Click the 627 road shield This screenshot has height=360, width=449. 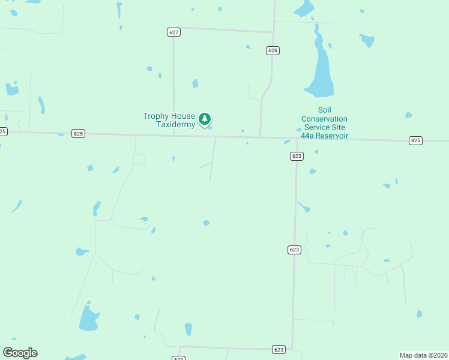(x=173, y=32)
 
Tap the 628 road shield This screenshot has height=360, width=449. (x=273, y=50)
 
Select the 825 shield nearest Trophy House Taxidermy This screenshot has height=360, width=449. (x=78, y=133)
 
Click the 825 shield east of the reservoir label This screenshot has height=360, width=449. (x=415, y=140)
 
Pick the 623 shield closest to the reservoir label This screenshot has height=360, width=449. (x=297, y=156)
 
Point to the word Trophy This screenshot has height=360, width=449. (x=155, y=116)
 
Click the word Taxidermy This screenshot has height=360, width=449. (x=176, y=125)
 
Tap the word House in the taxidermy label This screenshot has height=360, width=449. (x=183, y=116)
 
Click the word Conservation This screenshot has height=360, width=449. (x=325, y=119)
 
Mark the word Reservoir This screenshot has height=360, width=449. (x=333, y=136)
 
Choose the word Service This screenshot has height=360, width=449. (x=318, y=127)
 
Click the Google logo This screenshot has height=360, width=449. (x=20, y=353)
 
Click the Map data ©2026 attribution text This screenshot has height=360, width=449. (x=423, y=355)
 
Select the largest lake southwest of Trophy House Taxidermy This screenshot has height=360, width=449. (x=88, y=319)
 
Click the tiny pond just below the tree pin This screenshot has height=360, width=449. (x=209, y=127)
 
